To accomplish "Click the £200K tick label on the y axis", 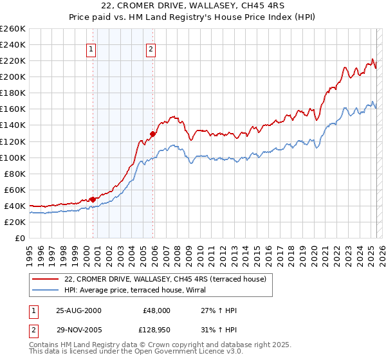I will coord(12,76).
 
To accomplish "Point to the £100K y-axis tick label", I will coord(12,157).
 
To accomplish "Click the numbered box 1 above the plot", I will coord(91,49).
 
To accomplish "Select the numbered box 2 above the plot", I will coord(151,49).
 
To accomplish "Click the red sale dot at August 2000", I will coord(93,199).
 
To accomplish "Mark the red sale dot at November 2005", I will coord(153,134).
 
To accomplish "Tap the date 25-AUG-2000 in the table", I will coord(78,310).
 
